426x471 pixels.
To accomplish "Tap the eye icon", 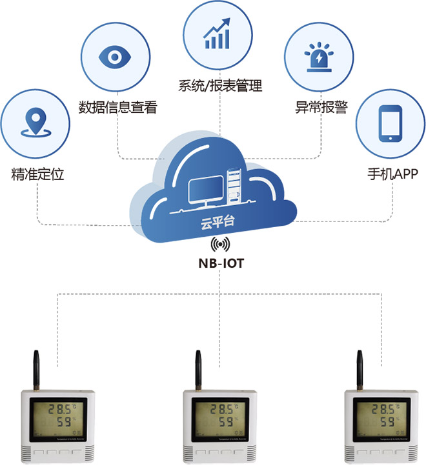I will coord(115,57).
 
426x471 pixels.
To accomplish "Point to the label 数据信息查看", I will coord(117,107).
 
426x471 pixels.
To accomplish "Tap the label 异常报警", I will coord(321,107).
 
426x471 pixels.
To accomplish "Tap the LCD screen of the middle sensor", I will coord(218,416).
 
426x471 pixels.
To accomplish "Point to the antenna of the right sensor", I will coord(360,368).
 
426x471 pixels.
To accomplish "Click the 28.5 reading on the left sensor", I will coord(53,408).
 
